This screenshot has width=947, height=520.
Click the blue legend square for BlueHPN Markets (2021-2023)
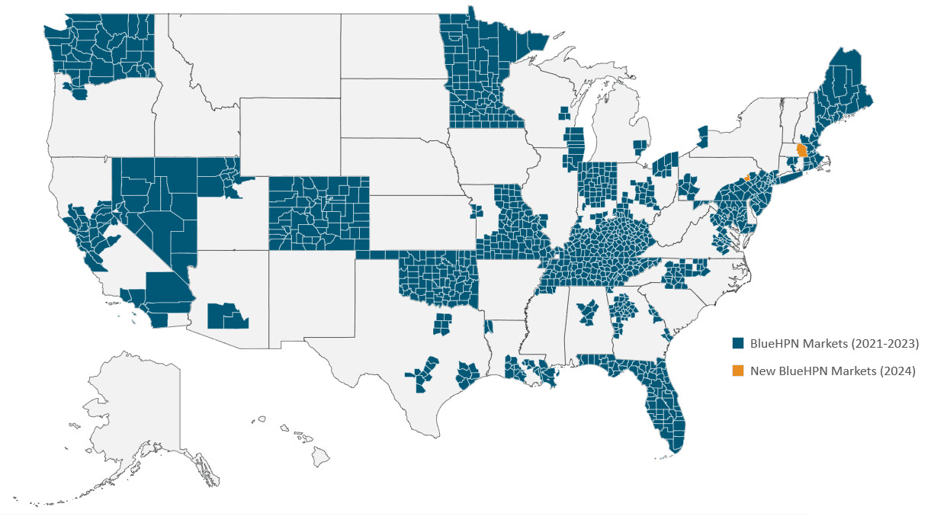pyautogui.click(x=738, y=343)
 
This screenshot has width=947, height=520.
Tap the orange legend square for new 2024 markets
pyautogui.click(x=738, y=371)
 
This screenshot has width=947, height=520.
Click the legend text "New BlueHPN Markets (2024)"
pyautogui.click(x=833, y=371)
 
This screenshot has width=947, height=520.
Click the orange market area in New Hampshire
pyautogui.click(x=801, y=149)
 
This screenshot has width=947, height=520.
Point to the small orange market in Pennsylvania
pyautogui.click(x=747, y=178)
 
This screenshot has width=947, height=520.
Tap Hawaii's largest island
pyautogui.click(x=320, y=457)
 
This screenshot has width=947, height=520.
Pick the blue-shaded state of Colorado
pyautogui.click(x=319, y=213)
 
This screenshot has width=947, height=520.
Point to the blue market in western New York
pyautogui.click(x=702, y=137)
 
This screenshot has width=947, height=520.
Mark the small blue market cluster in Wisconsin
pyautogui.click(x=563, y=114)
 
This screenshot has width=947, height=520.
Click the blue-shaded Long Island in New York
pyautogui.click(x=793, y=176)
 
